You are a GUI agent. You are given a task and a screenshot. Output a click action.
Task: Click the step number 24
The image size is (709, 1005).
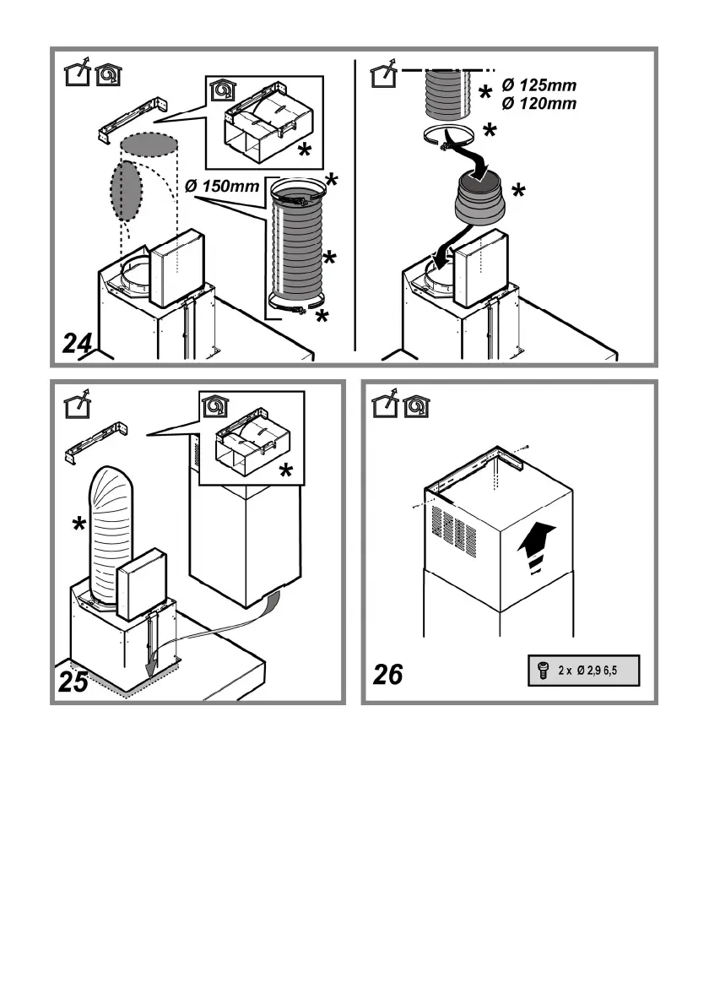tap(78, 345)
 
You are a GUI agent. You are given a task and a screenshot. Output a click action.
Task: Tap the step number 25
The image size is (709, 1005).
tap(73, 682)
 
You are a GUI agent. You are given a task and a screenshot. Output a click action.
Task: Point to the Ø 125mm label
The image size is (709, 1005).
tap(539, 86)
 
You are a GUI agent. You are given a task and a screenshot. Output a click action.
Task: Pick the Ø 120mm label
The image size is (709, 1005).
tap(539, 104)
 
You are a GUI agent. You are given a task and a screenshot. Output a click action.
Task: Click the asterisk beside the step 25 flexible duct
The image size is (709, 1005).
tap(78, 524)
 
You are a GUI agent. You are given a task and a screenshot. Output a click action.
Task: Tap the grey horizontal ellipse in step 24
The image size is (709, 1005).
tap(149, 145)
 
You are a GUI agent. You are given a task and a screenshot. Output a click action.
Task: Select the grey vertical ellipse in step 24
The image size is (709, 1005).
tap(124, 190)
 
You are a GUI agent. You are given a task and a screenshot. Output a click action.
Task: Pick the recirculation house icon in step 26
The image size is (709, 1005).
tap(416, 406)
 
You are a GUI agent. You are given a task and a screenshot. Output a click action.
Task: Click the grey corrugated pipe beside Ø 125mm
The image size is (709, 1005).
tap(448, 93)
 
